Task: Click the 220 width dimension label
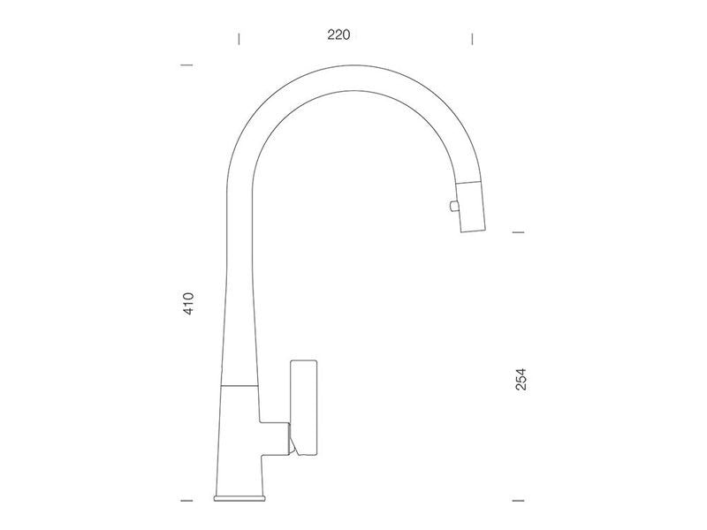pos(338,34)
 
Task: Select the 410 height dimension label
pos(188,303)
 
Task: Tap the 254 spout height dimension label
pos(521,379)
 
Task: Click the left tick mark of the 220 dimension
pos(239,39)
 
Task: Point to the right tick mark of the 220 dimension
pos(472,39)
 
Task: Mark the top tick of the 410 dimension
pos(186,64)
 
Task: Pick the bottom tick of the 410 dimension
pos(186,500)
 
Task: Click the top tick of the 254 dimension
pos(519,232)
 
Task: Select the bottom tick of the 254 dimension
pos(519,500)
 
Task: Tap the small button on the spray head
pos(453,206)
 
